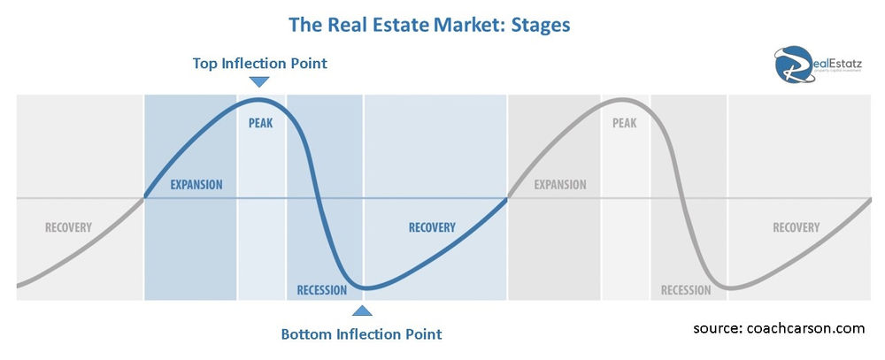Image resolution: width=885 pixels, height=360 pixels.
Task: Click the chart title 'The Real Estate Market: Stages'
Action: click(429, 24)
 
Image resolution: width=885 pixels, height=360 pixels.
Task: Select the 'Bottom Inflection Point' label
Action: click(361, 334)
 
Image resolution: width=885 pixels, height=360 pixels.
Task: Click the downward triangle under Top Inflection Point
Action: click(258, 82)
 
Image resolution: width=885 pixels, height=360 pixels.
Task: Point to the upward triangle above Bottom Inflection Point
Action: click(362, 310)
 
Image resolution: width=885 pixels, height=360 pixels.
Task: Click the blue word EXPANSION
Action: click(196, 185)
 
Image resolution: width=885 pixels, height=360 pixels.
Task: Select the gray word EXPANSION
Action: click(560, 185)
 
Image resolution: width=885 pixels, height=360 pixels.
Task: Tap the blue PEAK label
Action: click(260, 123)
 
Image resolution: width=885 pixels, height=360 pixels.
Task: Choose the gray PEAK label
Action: click(624, 123)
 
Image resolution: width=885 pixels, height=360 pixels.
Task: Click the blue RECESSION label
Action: click(322, 290)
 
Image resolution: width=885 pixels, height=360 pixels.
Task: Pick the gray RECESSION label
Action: click(686, 290)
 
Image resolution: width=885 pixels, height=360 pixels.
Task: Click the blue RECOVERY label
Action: click(432, 227)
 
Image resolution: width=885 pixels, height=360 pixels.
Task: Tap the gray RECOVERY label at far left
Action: click(68, 227)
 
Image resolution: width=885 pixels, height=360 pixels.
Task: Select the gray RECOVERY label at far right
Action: click(796, 227)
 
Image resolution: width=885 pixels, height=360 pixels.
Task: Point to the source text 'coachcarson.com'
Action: click(804, 328)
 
